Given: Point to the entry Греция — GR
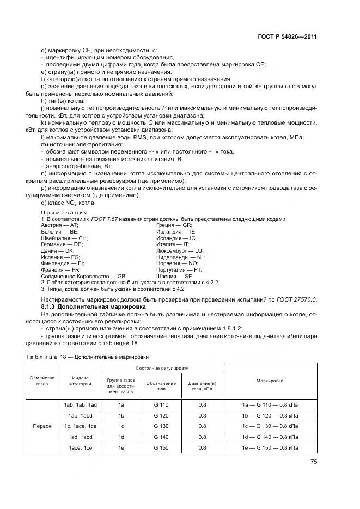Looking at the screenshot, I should pyautogui.click(x=174, y=225).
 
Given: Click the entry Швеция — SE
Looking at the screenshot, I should pyautogui.click(x=174, y=276).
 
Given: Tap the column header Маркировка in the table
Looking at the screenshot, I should pyautogui.click(x=270, y=381).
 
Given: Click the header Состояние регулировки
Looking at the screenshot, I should pyautogui.click(x=162, y=369).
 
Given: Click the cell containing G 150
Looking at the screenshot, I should pyautogui.click(x=161, y=447).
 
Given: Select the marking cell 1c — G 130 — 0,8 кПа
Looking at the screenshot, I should pyautogui.click(x=270, y=426).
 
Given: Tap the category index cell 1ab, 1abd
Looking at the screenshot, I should pyautogui.click(x=80, y=415).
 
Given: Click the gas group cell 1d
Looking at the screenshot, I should pyautogui.click(x=121, y=437).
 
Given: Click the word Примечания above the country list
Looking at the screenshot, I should pyautogui.click(x=60, y=212).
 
